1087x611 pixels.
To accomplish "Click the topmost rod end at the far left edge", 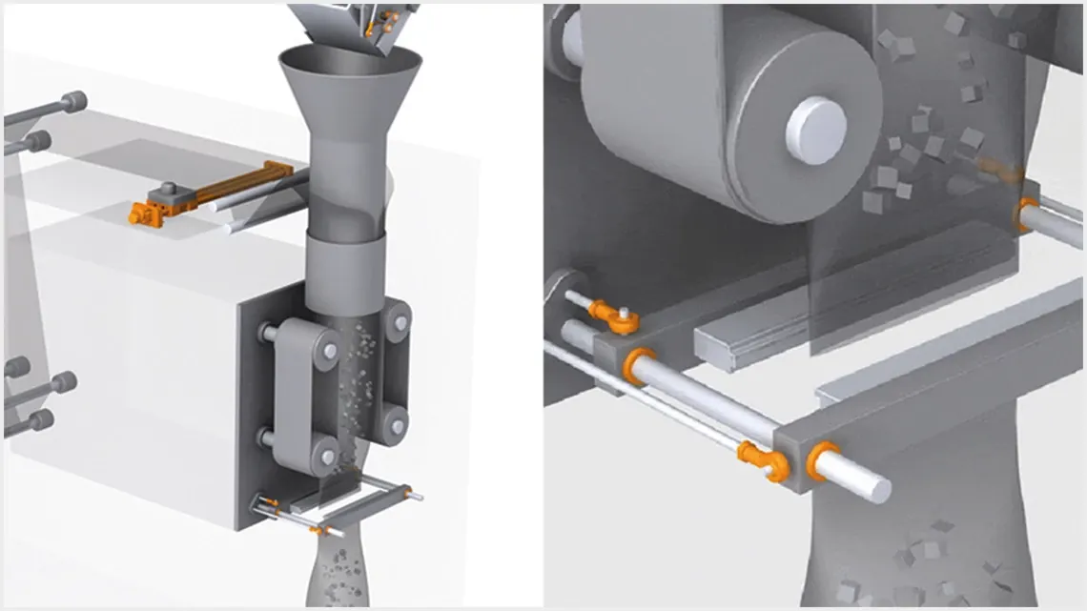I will point(73,100).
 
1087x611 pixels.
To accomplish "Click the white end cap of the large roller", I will point(815,128).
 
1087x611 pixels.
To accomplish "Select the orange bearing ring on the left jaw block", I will point(638,366).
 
